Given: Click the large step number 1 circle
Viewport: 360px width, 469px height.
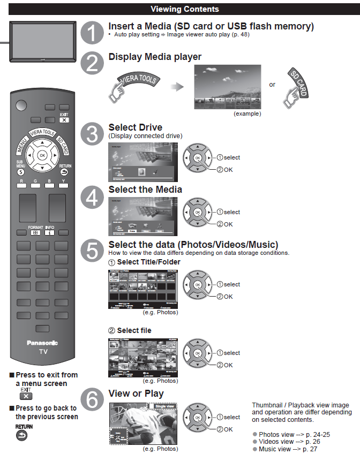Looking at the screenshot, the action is pyautogui.click(x=93, y=32).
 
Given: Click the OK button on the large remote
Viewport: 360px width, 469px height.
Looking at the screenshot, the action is pyautogui.click(x=42, y=155).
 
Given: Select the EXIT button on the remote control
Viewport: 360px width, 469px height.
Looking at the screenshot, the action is pyautogui.click(x=64, y=120).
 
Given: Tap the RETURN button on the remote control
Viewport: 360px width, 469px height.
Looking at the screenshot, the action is pyautogui.click(x=65, y=172).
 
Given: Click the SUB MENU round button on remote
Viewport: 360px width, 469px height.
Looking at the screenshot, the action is pyautogui.click(x=20, y=172).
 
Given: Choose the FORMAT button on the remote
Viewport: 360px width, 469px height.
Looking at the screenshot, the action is pyautogui.click(x=36, y=233).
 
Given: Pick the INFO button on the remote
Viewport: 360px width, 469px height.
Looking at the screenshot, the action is pyautogui.click(x=50, y=233).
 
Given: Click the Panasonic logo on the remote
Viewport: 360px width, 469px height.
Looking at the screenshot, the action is pyautogui.click(x=42, y=343).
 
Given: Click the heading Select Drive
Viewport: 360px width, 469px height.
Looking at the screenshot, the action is pyautogui.click(x=135, y=127).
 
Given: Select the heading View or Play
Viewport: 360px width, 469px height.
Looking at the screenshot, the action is pyautogui.click(x=136, y=394).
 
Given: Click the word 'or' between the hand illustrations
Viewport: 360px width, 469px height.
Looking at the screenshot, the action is pyautogui.click(x=272, y=85).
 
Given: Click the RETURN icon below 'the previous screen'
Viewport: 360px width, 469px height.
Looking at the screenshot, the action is pyautogui.click(x=22, y=436).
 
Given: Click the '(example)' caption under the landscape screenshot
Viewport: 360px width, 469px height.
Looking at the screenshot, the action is pyautogui.click(x=247, y=114).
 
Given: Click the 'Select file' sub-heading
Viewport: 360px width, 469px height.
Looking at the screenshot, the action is pyautogui.click(x=134, y=330).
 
